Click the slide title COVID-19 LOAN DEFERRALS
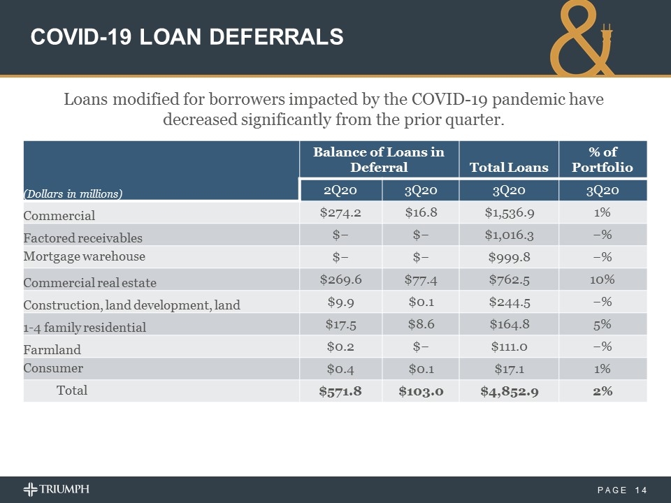187,36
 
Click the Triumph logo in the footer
56,489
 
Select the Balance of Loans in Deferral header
378,159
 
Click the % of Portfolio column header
602,159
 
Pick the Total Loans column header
509,167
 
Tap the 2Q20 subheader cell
340,191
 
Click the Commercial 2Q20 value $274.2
340,212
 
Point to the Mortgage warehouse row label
85,256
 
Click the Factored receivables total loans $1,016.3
509,235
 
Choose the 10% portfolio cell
602,279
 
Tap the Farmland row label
52,349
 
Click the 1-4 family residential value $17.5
340,324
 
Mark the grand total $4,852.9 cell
509,391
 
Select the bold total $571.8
340,391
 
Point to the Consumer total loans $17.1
509,369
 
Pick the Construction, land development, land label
131,305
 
